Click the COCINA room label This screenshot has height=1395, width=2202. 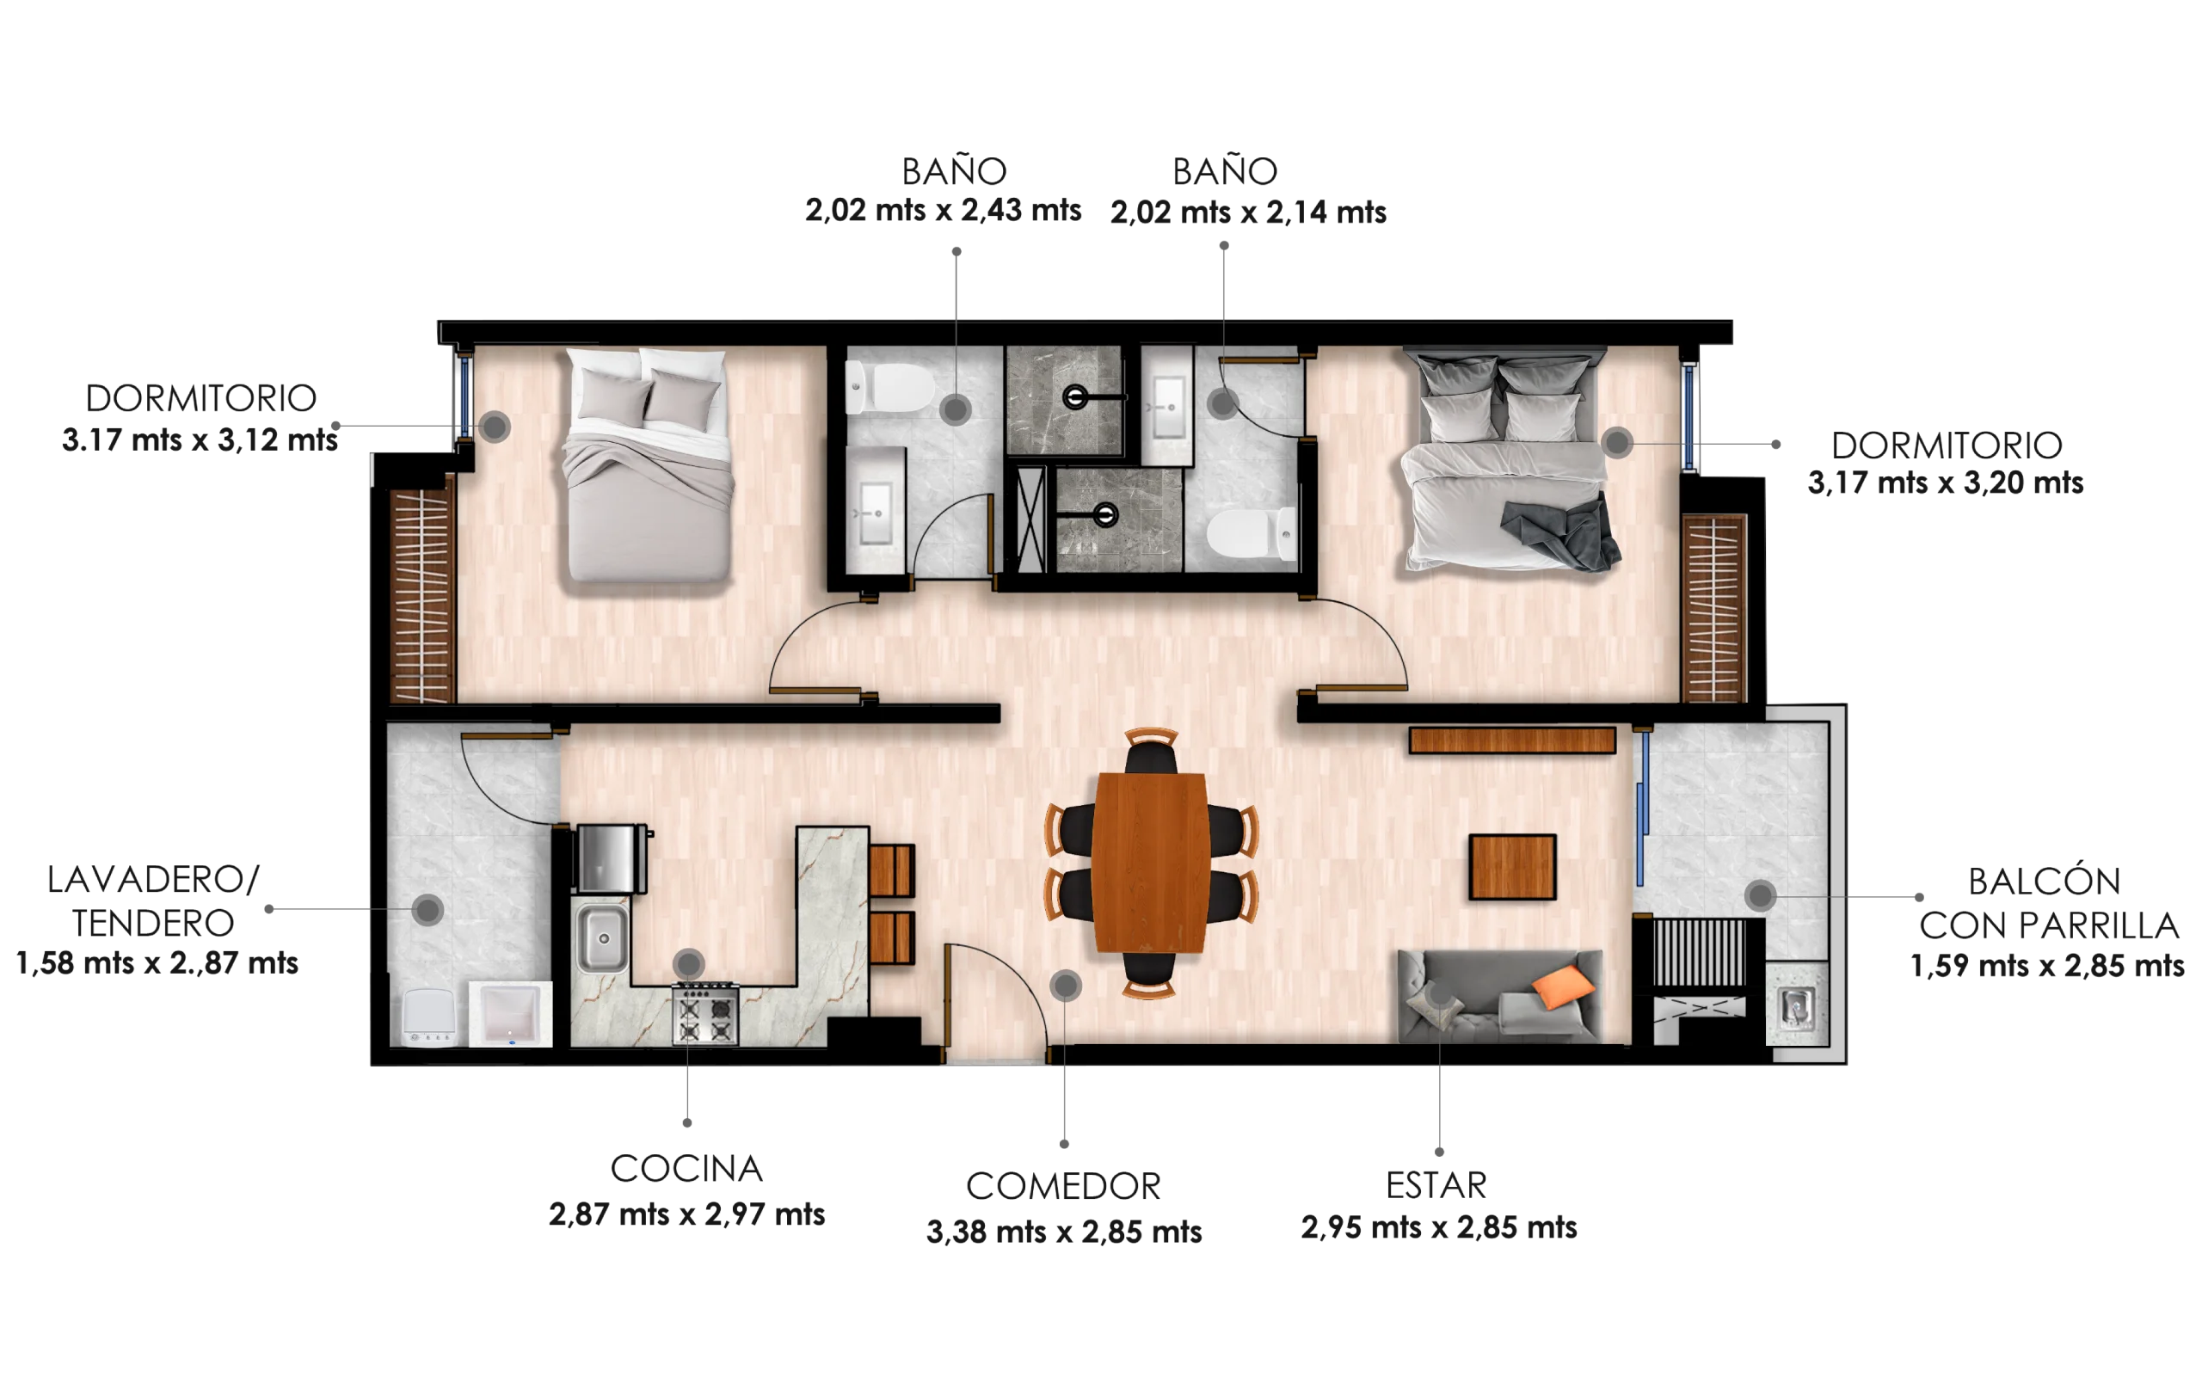tap(686, 1168)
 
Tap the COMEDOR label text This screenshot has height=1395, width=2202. tap(1062, 1187)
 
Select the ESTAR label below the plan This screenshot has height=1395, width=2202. tap(1436, 1186)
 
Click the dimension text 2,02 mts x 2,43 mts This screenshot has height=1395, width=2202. tap(943, 210)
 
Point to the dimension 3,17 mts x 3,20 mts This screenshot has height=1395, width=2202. tap(1945, 482)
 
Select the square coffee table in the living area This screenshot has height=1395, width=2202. tap(1512, 867)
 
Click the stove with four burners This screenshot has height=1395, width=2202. tap(705, 1014)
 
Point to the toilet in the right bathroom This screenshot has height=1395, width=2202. tap(1251, 535)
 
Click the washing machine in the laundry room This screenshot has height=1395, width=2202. tap(429, 1017)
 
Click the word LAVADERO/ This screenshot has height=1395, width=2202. tap(153, 880)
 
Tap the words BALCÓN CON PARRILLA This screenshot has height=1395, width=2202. tap(2047, 903)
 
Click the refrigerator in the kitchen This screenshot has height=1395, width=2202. tap(610, 858)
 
